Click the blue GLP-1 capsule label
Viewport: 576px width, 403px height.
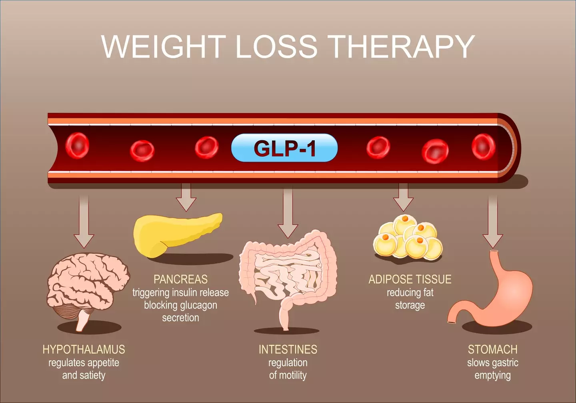tap(284, 148)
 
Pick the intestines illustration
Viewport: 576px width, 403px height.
tap(288, 279)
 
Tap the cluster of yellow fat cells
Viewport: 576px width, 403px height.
tap(408, 237)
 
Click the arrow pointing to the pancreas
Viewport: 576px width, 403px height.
tap(186, 197)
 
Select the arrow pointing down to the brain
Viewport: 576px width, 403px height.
tap(84, 221)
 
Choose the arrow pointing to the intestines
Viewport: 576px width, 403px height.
tap(288, 213)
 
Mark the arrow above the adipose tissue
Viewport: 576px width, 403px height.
tap(403, 197)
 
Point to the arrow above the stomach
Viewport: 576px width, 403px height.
tap(493, 221)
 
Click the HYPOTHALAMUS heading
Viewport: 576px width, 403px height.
tap(84, 349)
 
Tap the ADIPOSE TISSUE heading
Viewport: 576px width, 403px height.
tap(410, 279)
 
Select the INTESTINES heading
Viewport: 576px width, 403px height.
tap(288, 349)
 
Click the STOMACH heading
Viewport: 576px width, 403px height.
tap(492, 349)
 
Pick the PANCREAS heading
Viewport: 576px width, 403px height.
tap(180, 279)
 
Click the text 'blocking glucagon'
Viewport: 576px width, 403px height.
tap(180, 305)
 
